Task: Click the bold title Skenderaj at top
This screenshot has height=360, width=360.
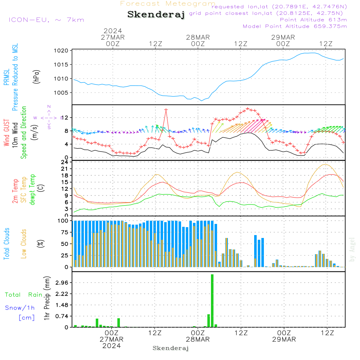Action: [156, 15]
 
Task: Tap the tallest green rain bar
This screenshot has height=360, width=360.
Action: [212, 301]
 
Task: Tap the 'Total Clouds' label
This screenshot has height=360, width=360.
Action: [6, 244]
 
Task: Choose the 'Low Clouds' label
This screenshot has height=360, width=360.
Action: [24, 244]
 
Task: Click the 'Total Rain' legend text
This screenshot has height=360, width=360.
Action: [23, 294]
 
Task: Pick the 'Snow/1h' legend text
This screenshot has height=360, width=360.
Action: [20, 308]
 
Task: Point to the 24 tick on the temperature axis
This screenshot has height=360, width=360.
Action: [65, 162]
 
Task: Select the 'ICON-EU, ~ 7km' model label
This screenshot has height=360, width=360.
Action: [46, 20]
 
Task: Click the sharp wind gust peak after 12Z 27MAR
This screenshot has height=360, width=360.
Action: [166, 109]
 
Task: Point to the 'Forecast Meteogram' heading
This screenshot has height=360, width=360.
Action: [168, 4]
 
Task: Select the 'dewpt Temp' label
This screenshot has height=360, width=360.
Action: [32, 190]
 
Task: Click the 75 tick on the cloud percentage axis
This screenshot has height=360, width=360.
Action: [64, 233]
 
